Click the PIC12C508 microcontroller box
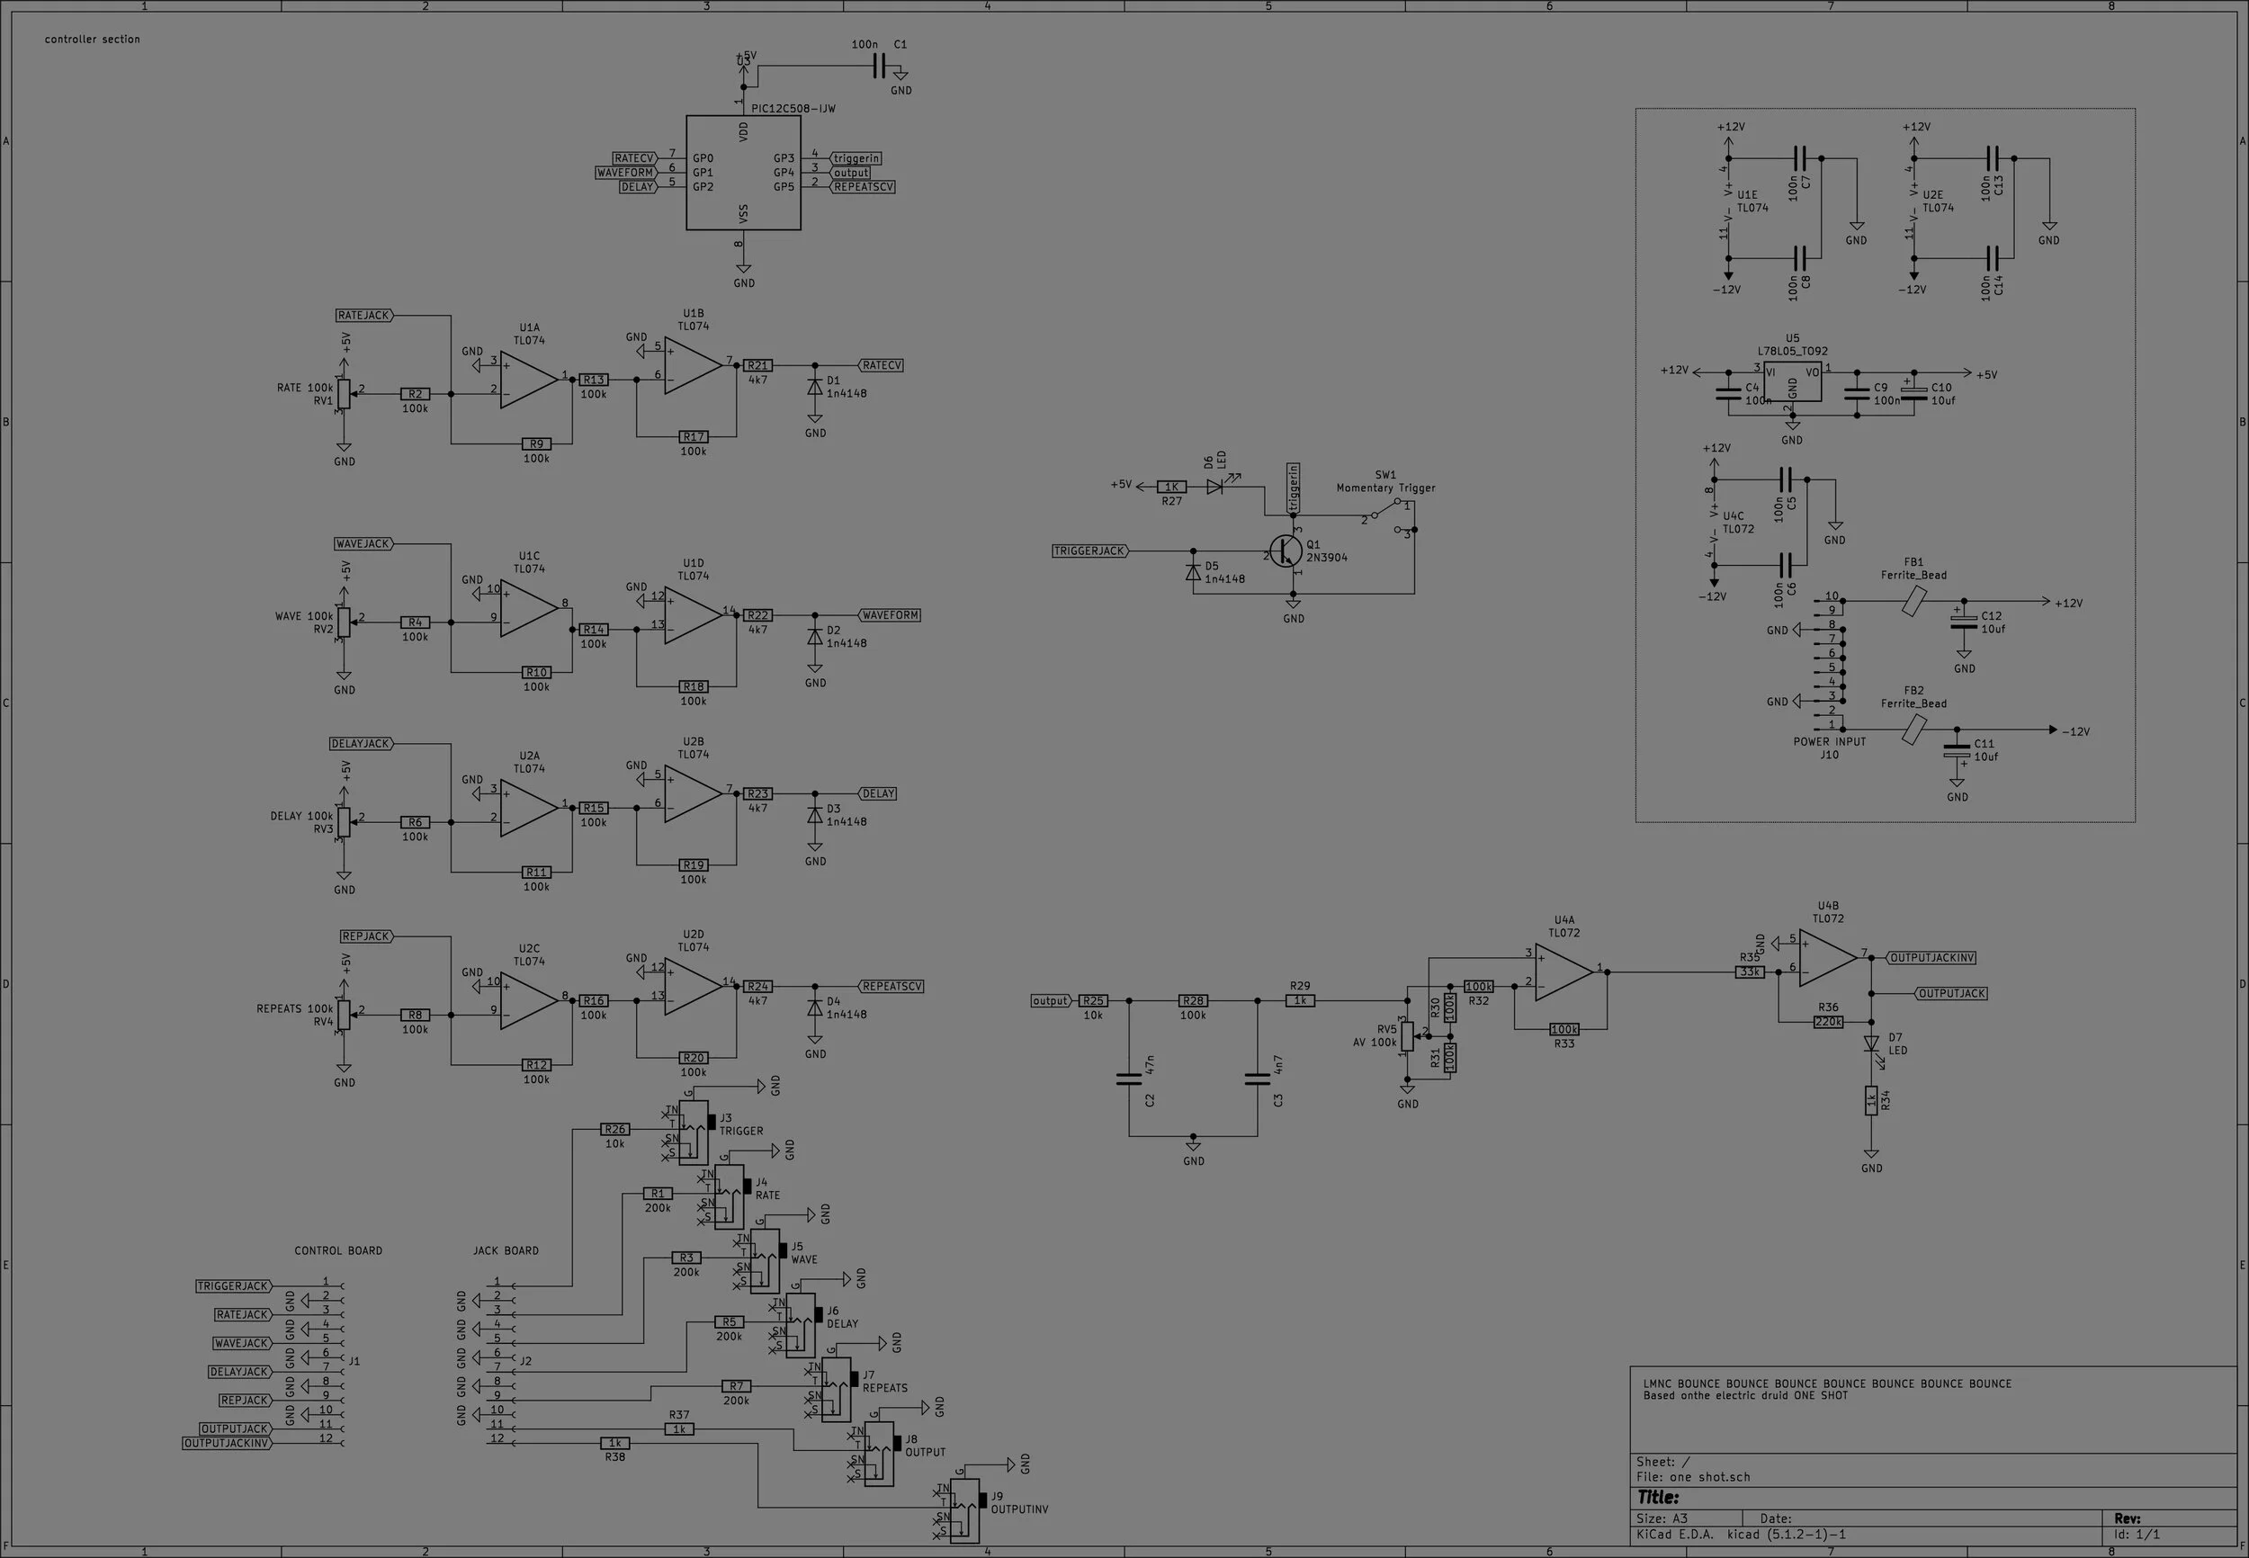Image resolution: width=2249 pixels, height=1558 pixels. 743,173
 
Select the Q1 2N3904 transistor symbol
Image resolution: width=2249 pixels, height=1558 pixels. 1286,551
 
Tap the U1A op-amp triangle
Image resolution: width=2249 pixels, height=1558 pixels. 527,379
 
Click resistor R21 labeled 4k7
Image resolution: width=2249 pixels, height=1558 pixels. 757,365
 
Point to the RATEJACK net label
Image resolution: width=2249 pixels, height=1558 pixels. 363,316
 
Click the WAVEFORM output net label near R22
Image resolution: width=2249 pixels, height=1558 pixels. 889,615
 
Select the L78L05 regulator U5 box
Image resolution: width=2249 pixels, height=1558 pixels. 1792,381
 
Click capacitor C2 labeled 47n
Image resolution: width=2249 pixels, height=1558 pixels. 1128,1079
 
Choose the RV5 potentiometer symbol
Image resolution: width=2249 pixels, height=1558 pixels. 1407,1035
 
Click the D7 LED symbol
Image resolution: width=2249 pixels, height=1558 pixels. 1871,1043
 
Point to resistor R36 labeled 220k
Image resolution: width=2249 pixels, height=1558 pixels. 1827,1022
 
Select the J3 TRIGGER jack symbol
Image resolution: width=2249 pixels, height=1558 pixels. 693,1133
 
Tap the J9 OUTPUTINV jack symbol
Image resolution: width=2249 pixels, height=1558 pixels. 963,1510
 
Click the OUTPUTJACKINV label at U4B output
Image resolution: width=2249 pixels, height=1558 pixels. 1931,958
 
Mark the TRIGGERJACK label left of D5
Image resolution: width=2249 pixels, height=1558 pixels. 1089,551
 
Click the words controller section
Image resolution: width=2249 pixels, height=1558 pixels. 92,39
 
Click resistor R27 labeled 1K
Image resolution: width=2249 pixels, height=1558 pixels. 1171,486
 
